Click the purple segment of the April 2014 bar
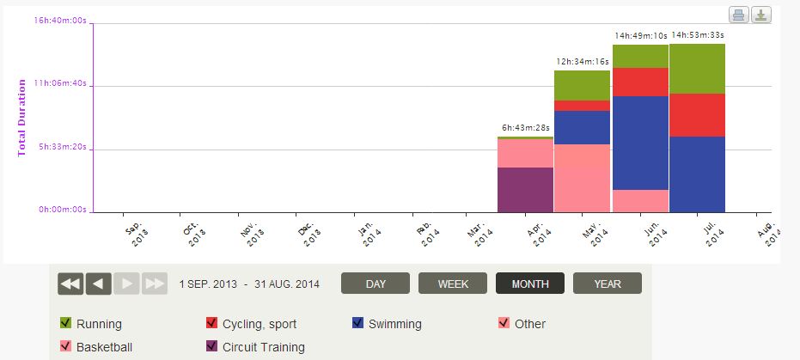click(525, 189)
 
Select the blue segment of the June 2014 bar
click(640, 143)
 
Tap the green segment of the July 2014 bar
click(697, 69)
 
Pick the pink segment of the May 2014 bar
click(582, 178)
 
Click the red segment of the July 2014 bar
click(697, 115)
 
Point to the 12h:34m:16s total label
click(583, 62)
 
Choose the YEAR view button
click(607, 284)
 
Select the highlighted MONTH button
click(529, 284)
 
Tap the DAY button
click(376, 284)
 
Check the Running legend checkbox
click(65, 323)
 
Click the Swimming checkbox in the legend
click(357, 323)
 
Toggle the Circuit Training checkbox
click(211, 346)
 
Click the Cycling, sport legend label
click(260, 324)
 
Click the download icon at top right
click(761, 15)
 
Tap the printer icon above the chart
click(739, 15)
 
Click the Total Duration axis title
click(22, 118)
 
